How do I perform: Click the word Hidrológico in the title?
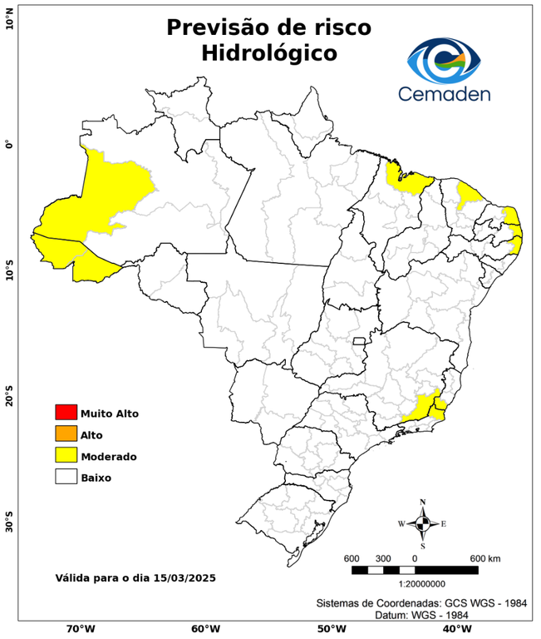(x=268, y=53)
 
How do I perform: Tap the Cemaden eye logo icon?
(x=449, y=58)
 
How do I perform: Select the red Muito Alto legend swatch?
(x=66, y=412)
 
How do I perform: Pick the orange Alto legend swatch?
(x=66, y=433)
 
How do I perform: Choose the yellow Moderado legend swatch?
(x=66, y=455)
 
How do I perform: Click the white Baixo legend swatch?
(x=66, y=477)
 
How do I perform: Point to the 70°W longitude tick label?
(x=81, y=628)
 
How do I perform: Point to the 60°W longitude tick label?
(x=205, y=628)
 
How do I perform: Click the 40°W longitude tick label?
(x=455, y=628)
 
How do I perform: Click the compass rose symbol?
(x=422, y=523)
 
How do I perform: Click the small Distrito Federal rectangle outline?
(x=360, y=341)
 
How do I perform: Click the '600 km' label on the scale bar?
(x=485, y=557)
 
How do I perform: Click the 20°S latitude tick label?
(x=10, y=398)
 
